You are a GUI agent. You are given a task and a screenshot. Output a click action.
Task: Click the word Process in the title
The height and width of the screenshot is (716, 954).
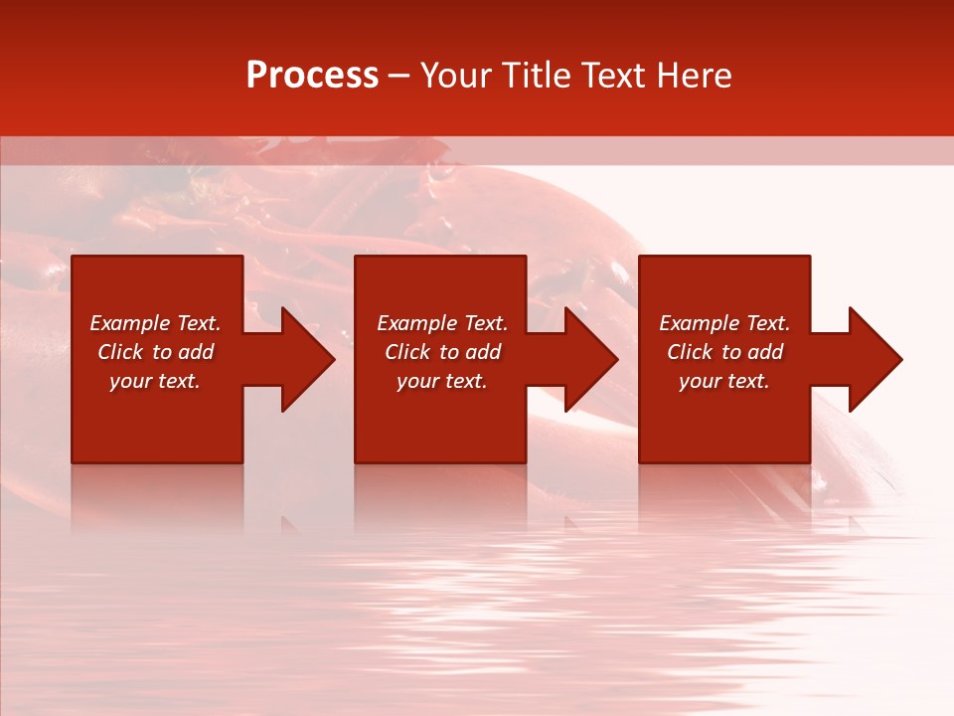point(312,76)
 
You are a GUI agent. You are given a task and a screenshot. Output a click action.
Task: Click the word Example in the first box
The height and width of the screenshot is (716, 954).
point(130,323)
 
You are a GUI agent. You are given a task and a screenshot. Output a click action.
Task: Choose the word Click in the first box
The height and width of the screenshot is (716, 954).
point(121,352)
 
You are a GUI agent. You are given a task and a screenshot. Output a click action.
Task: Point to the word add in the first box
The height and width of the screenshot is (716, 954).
point(196,352)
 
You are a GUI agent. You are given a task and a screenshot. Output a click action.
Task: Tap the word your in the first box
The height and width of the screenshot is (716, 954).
point(130,381)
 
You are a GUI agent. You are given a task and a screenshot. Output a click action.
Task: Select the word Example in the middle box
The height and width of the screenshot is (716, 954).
point(417,323)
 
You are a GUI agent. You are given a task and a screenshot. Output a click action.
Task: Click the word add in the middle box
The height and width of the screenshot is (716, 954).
point(483,352)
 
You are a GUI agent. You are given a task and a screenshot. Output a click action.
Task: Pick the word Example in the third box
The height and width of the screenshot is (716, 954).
point(700,323)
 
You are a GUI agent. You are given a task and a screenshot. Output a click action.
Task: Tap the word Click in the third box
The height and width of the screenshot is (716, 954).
point(691,352)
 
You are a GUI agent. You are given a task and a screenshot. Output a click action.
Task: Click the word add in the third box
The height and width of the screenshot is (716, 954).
point(765,352)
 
